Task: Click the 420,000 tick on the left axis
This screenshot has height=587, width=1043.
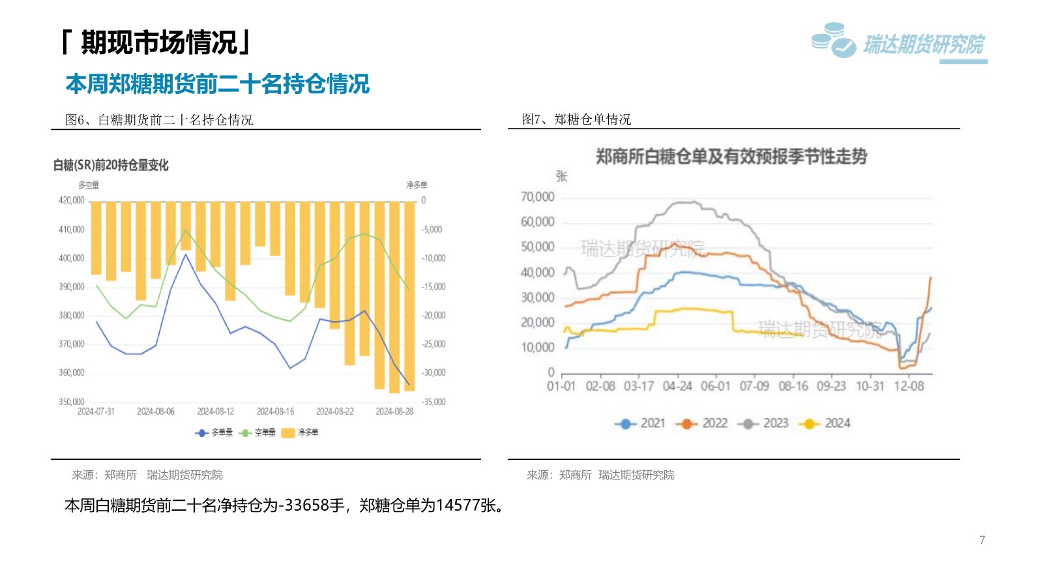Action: click(x=72, y=200)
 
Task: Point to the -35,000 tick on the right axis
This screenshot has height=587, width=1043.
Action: click(x=433, y=402)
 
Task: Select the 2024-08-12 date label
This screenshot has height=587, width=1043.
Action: click(x=215, y=412)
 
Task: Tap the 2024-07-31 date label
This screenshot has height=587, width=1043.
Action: click(x=96, y=412)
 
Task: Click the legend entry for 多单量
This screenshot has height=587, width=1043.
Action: click(x=214, y=432)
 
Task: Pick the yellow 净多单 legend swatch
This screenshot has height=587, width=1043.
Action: click(x=288, y=432)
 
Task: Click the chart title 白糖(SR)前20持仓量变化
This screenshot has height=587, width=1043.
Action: click(x=111, y=165)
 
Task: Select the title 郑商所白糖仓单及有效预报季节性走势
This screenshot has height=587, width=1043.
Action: click(x=731, y=157)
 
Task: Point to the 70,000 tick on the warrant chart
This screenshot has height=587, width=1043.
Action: click(x=537, y=197)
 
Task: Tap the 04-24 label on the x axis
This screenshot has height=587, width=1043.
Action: click(x=677, y=386)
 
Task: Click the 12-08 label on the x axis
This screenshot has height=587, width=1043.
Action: click(x=909, y=386)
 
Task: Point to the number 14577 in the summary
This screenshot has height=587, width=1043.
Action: click(x=458, y=505)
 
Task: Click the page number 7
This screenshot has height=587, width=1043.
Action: click(x=982, y=540)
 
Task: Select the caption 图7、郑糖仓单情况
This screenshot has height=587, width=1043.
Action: click(x=576, y=119)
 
